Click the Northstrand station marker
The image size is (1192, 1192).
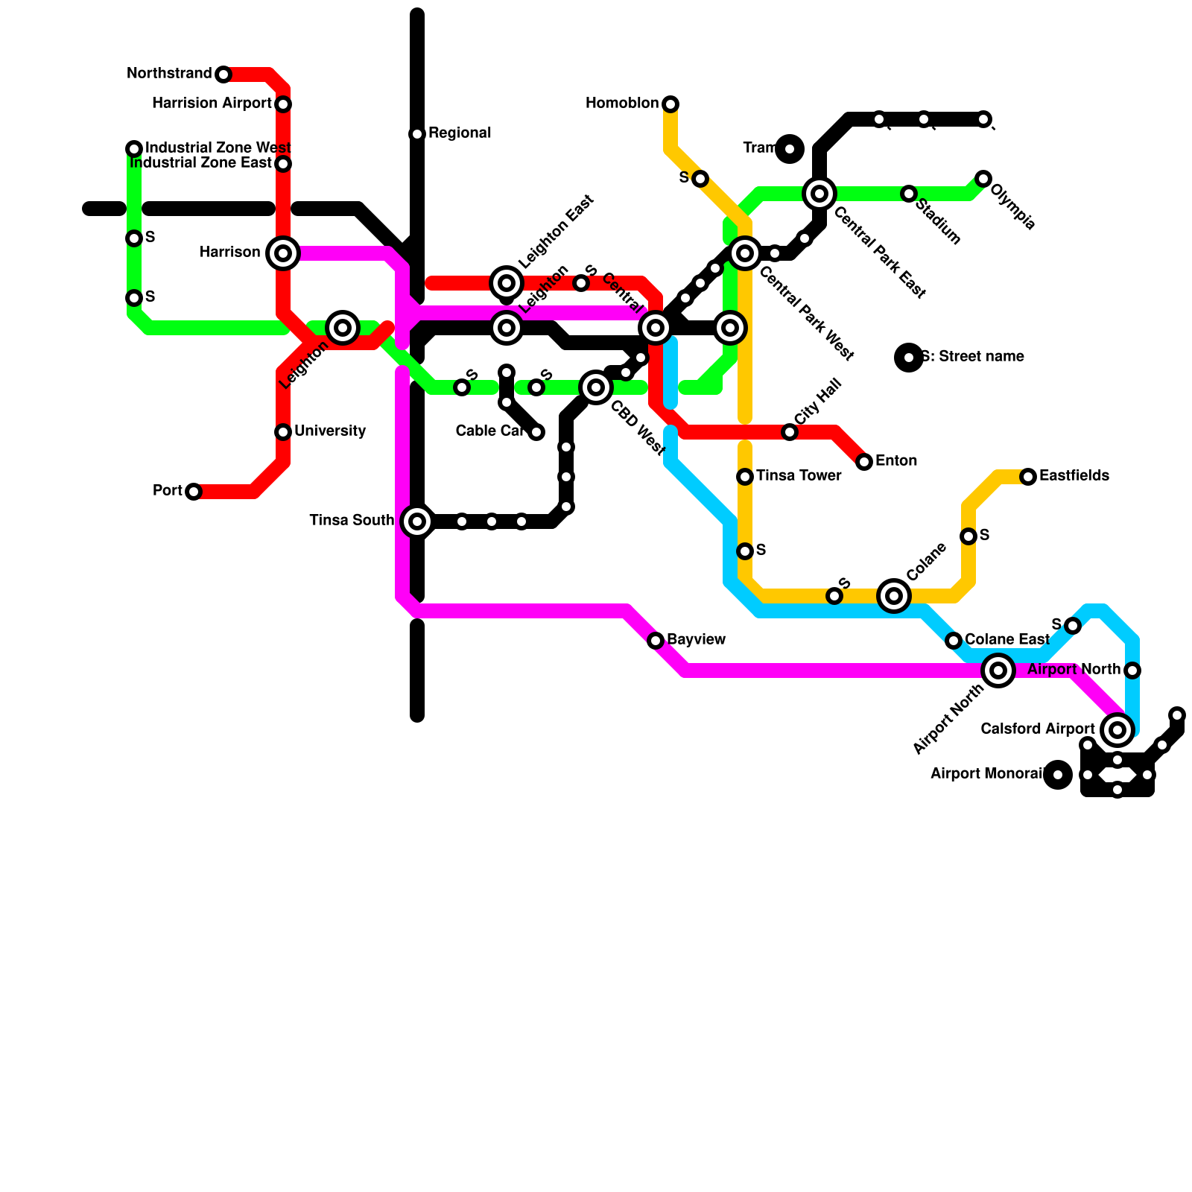click(223, 74)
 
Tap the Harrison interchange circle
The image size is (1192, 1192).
click(283, 253)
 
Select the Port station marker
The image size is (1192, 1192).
click(194, 492)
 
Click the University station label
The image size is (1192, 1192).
click(329, 431)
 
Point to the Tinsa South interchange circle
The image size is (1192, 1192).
click(417, 521)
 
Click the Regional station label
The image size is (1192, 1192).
click(459, 133)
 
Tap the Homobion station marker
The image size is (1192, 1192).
click(670, 104)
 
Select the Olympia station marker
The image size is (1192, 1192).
click(983, 179)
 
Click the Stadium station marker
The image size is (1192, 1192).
click(909, 194)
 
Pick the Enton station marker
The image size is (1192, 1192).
click(864, 462)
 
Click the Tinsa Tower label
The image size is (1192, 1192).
click(799, 476)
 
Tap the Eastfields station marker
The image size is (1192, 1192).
click(1028, 477)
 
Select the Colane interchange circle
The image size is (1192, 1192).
click(894, 596)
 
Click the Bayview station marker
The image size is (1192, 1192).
click(656, 641)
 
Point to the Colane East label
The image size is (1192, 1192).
click(1007, 640)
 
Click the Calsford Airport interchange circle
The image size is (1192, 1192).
click(1117, 730)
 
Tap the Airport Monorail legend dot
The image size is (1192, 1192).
click(1058, 775)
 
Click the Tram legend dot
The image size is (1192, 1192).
click(790, 149)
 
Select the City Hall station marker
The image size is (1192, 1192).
click(790, 432)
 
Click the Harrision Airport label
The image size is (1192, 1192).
click(212, 104)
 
